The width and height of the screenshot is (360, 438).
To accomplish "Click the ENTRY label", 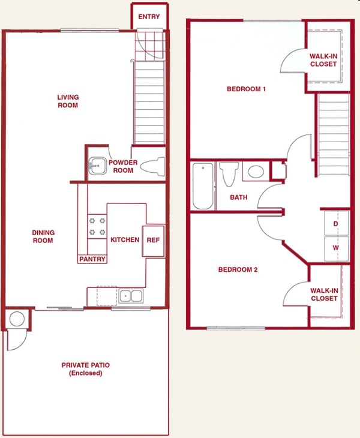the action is pyautogui.click(x=149, y=17).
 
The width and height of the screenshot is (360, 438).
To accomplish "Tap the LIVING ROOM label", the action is pyautogui.click(x=68, y=101).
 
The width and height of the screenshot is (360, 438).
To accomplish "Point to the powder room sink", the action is pyautogui.click(x=97, y=166).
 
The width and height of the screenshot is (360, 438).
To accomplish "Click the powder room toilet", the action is pyautogui.click(x=152, y=167).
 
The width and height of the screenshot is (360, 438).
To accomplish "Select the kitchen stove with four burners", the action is pyautogui.click(x=97, y=227).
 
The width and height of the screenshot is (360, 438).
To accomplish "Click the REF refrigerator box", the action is pyautogui.click(x=153, y=241).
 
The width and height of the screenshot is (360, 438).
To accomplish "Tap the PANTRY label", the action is pyautogui.click(x=92, y=259).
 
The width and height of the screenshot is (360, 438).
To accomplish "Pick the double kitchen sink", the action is pyautogui.click(x=131, y=296).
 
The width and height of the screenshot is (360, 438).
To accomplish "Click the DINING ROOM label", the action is pyautogui.click(x=43, y=236).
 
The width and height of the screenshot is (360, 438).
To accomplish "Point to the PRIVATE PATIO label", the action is pyautogui.click(x=86, y=369).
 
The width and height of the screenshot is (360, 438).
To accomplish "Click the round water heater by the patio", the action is pyautogui.click(x=17, y=319).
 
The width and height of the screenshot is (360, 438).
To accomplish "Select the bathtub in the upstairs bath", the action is pyautogui.click(x=203, y=186).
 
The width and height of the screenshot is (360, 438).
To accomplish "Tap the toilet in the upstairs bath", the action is pyautogui.click(x=229, y=174).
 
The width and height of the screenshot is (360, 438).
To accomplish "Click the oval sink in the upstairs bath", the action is pyautogui.click(x=256, y=172).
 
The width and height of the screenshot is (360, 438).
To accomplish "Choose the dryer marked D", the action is pyautogui.click(x=336, y=223).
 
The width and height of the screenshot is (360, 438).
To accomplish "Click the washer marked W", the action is pyautogui.click(x=336, y=248).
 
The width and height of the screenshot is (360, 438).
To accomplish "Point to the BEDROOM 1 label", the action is pyautogui.click(x=246, y=89).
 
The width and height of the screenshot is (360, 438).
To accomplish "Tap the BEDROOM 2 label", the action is pyautogui.click(x=238, y=269).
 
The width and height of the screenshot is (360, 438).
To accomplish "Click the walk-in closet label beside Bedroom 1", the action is pyautogui.click(x=323, y=60).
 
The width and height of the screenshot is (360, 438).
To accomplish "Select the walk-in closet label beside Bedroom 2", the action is pyautogui.click(x=324, y=295).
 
